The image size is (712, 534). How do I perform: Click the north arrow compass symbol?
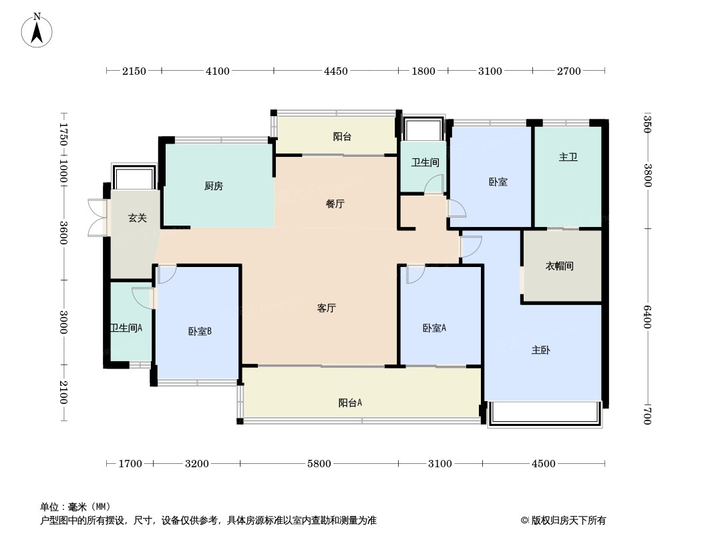click(37, 30)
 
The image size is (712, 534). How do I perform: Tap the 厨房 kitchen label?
click(214, 186)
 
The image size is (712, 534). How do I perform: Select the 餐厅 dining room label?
click(335, 204)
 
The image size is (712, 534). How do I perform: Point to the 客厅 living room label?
click(327, 308)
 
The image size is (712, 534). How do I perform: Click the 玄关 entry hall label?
click(138, 218)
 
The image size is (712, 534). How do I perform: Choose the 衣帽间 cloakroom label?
click(560, 266)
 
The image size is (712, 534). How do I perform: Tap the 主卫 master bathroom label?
click(568, 157)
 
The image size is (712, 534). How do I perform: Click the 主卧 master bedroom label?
click(541, 350)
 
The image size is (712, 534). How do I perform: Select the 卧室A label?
click(435, 328)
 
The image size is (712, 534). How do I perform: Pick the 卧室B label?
click(200, 331)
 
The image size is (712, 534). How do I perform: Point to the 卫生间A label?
click(127, 327)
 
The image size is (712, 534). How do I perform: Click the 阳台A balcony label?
click(350, 403)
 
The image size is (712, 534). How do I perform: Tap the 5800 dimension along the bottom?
click(319, 464)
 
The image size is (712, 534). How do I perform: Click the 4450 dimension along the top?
click(335, 71)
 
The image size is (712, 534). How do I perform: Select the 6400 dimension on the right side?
click(647, 316)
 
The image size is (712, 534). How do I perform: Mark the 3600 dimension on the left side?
click(63, 232)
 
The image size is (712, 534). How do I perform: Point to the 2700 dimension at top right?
click(569, 71)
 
